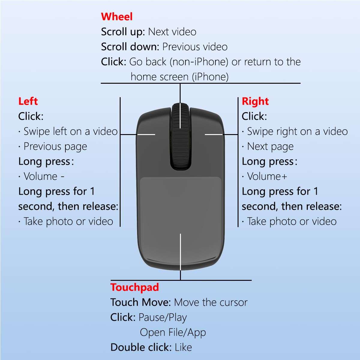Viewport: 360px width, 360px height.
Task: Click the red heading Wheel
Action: point(116,16)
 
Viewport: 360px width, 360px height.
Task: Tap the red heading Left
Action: point(28,101)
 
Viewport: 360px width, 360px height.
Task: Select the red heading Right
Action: point(255,101)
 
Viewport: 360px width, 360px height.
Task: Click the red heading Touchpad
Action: point(134,287)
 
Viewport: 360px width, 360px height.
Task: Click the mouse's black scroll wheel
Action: point(180,136)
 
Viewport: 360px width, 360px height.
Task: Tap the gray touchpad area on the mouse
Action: point(180,210)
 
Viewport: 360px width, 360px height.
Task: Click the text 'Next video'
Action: point(172,32)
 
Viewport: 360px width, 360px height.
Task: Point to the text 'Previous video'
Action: point(195,47)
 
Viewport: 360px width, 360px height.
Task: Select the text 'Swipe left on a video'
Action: point(70,131)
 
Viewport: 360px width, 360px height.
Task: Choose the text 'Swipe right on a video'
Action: point(297,131)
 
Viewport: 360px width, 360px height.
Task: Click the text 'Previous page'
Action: point(55,146)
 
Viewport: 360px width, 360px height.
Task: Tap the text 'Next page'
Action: point(270,146)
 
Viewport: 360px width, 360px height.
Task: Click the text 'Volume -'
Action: point(44,176)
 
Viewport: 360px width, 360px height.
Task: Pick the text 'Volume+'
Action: point(267,176)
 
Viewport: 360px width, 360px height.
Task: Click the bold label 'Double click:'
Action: point(141,347)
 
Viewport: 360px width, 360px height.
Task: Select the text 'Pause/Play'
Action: point(163,317)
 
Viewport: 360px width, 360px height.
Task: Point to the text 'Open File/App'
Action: point(173,332)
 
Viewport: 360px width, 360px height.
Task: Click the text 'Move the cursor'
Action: point(211,302)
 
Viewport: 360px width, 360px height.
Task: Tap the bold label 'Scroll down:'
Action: point(130,47)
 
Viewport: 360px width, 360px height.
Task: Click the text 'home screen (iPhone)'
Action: point(179,77)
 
